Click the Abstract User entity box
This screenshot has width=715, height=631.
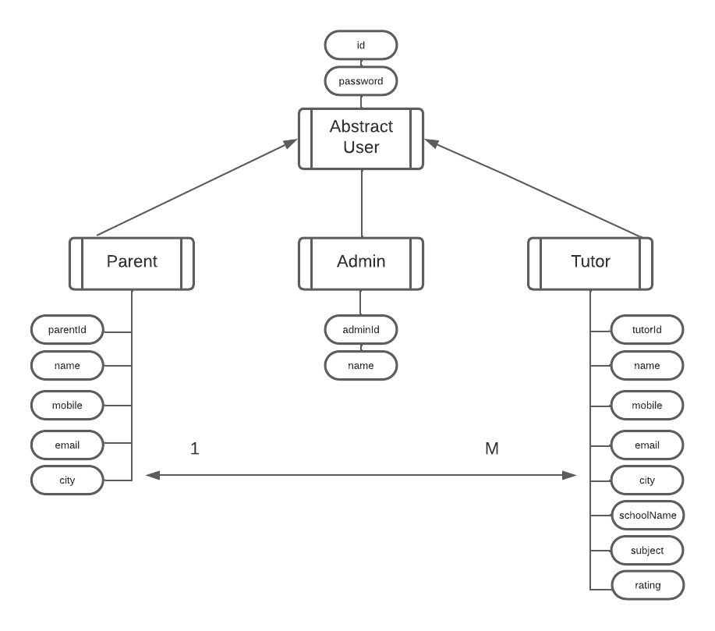pyautogui.click(x=361, y=138)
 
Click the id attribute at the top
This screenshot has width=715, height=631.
pyautogui.click(x=361, y=45)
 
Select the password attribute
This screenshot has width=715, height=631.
pyautogui.click(x=361, y=81)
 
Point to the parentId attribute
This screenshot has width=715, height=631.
pyautogui.click(x=67, y=329)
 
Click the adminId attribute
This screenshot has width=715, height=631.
pyautogui.click(x=361, y=329)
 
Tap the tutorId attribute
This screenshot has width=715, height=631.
pyautogui.click(x=647, y=329)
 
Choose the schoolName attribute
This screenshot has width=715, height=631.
pyautogui.click(x=647, y=516)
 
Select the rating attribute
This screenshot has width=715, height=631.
pyautogui.click(x=647, y=585)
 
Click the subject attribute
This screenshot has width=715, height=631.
pyautogui.click(x=647, y=550)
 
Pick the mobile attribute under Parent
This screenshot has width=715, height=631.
pyautogui.click(x=67, y=406)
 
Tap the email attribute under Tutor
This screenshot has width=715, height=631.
pyautogui.click(x=647, y=445)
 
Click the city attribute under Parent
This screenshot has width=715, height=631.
pyautogui.click(x=67, y=480)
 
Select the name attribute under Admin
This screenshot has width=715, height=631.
pyautogui.click(x=361, y=365)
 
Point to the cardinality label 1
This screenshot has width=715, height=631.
pyautogui.click(x=195, y=448)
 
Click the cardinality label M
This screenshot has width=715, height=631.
pyautogui.click(x=491, y=448)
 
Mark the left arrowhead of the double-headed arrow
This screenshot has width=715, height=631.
pyautogui.click(x=153, y=474)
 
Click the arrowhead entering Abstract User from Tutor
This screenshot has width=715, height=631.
pyautogui.click(x=431, y=143)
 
